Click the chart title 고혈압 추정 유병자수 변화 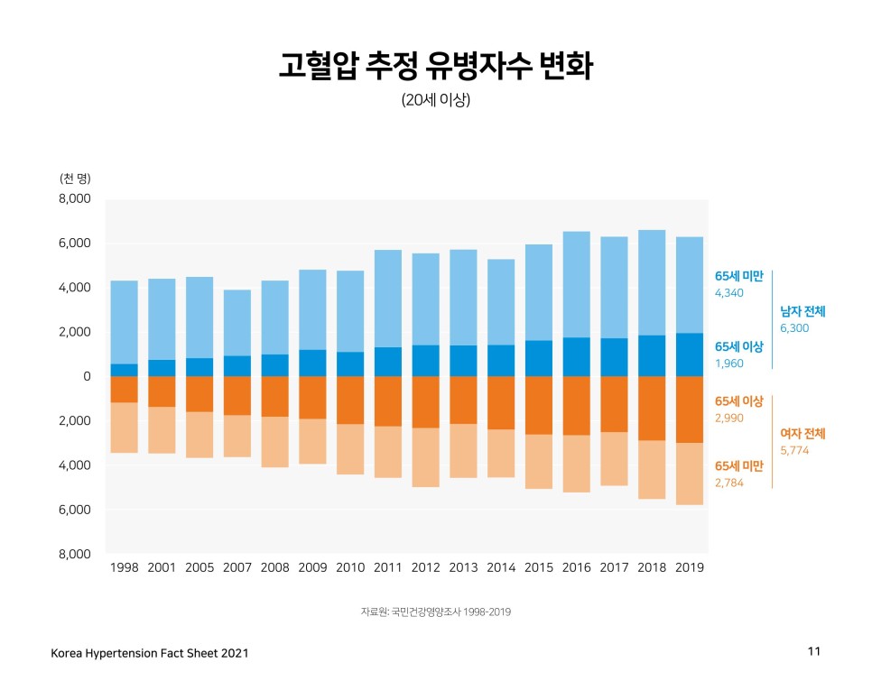point(436,66)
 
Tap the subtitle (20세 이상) point(436,100)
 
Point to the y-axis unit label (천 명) point(75,179)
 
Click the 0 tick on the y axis point(87,376)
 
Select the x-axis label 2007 point(237,567)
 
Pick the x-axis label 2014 point(501,567)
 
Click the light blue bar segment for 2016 point(577,284)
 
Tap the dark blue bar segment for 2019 point(690,355)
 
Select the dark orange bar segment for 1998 point(125,390)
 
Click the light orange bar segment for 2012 point(426,458)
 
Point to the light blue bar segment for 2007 point(237,323)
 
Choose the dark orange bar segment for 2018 point(652,409)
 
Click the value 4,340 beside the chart point(729,293)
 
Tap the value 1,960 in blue point(729,363)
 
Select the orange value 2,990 point(729,418)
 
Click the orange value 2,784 point(729,483)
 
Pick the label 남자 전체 point(802,311)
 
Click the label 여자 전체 point(802,433)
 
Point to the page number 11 point(814,651)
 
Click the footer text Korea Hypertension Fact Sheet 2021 point(150,653)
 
